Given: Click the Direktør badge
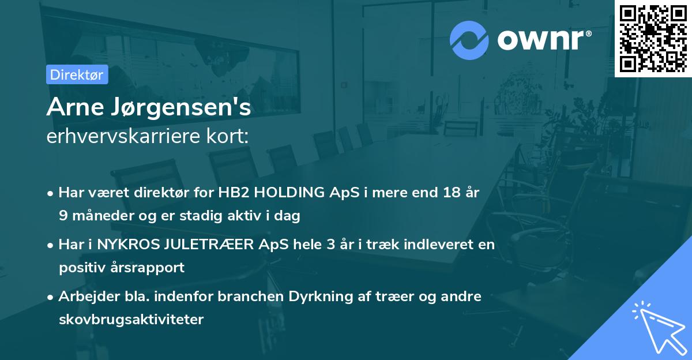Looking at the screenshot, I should point(77,74).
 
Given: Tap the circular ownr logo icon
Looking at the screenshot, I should point(469,39).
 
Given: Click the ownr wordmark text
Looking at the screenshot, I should point(544,40).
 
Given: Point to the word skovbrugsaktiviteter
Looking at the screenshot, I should point(131,319).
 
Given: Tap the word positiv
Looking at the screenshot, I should point(81,268).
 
